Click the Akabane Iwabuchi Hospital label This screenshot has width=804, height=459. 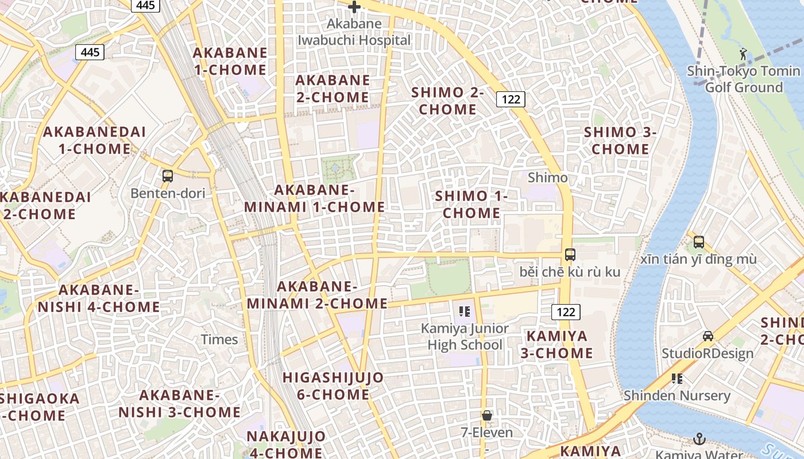tap(354, 32)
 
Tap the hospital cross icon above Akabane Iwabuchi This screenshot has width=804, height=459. tap(354, 7)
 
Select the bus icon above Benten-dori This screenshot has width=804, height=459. tap(168, 176)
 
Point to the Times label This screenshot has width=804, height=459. tap(219, 339)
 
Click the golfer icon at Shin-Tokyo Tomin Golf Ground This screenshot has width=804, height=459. tap(744, 53)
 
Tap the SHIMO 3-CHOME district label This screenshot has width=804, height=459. tap(620, 141)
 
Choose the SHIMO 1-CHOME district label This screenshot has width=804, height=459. tap(471, 204)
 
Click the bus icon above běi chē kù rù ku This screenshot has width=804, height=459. tap(570, 254)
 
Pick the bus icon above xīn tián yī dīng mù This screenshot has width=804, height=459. tap(698, 242)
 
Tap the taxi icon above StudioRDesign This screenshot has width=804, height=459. tap(708, 336)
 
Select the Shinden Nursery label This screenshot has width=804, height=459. tap(677, 395)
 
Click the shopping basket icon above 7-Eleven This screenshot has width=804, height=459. tap(487, 415)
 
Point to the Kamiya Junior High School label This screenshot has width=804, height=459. tap(465, 337)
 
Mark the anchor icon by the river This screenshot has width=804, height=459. tap(699, 439)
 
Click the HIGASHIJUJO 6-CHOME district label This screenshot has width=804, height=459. tap(333, 386)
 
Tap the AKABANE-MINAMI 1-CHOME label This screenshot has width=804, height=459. tap(315, 199)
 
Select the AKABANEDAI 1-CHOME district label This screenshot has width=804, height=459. tap(95, 140)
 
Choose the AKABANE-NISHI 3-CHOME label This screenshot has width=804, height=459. tap(180, 403)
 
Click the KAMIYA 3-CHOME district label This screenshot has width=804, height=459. tap(557, 344)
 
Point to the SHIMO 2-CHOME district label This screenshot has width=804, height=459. tap(448, 100)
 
